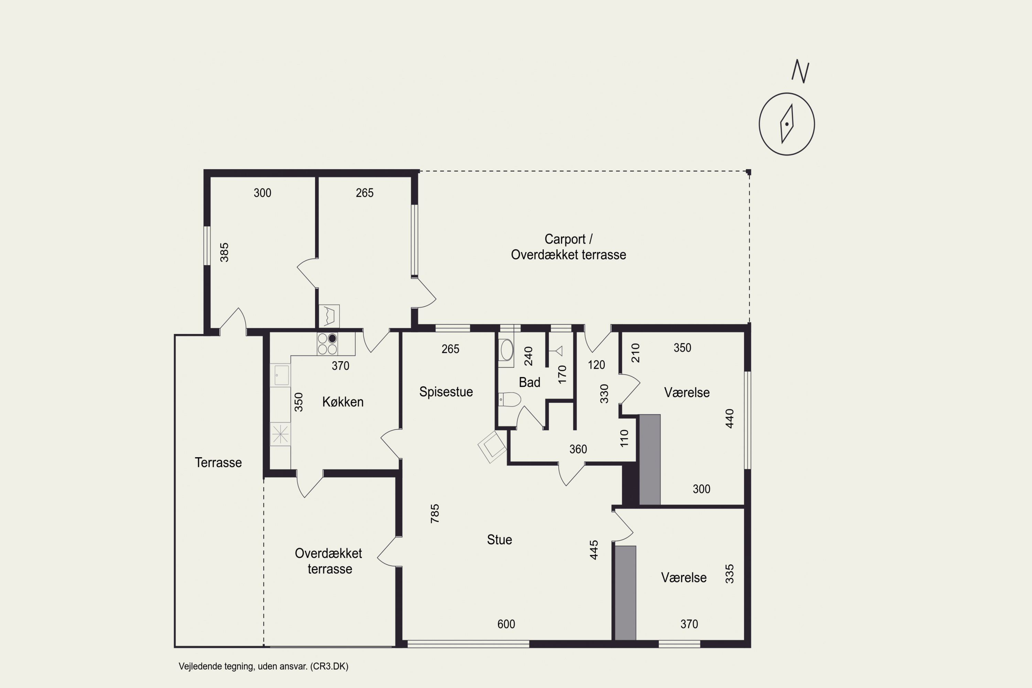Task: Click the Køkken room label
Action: tap(343, 402)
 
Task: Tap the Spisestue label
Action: tap(446, 392)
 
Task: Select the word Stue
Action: tap(499, 540)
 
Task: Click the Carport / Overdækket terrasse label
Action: tap(568, 247)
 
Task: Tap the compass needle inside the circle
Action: tap(787, 124)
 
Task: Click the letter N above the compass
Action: tap(800, 71)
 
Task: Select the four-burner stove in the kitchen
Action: tap(327, 344)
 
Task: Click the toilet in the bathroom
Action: tap(509, 399)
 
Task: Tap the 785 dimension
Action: tap(434, 513)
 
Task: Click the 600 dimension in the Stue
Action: tap(506, 624)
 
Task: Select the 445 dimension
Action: tap(594, 550)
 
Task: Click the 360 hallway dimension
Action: tap(578, 449)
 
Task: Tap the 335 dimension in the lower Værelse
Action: tap(729, 574)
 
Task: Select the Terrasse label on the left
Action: tap(218, 462)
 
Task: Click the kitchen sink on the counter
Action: tap(280, 375)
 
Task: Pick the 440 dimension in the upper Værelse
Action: tap(729, 419)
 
